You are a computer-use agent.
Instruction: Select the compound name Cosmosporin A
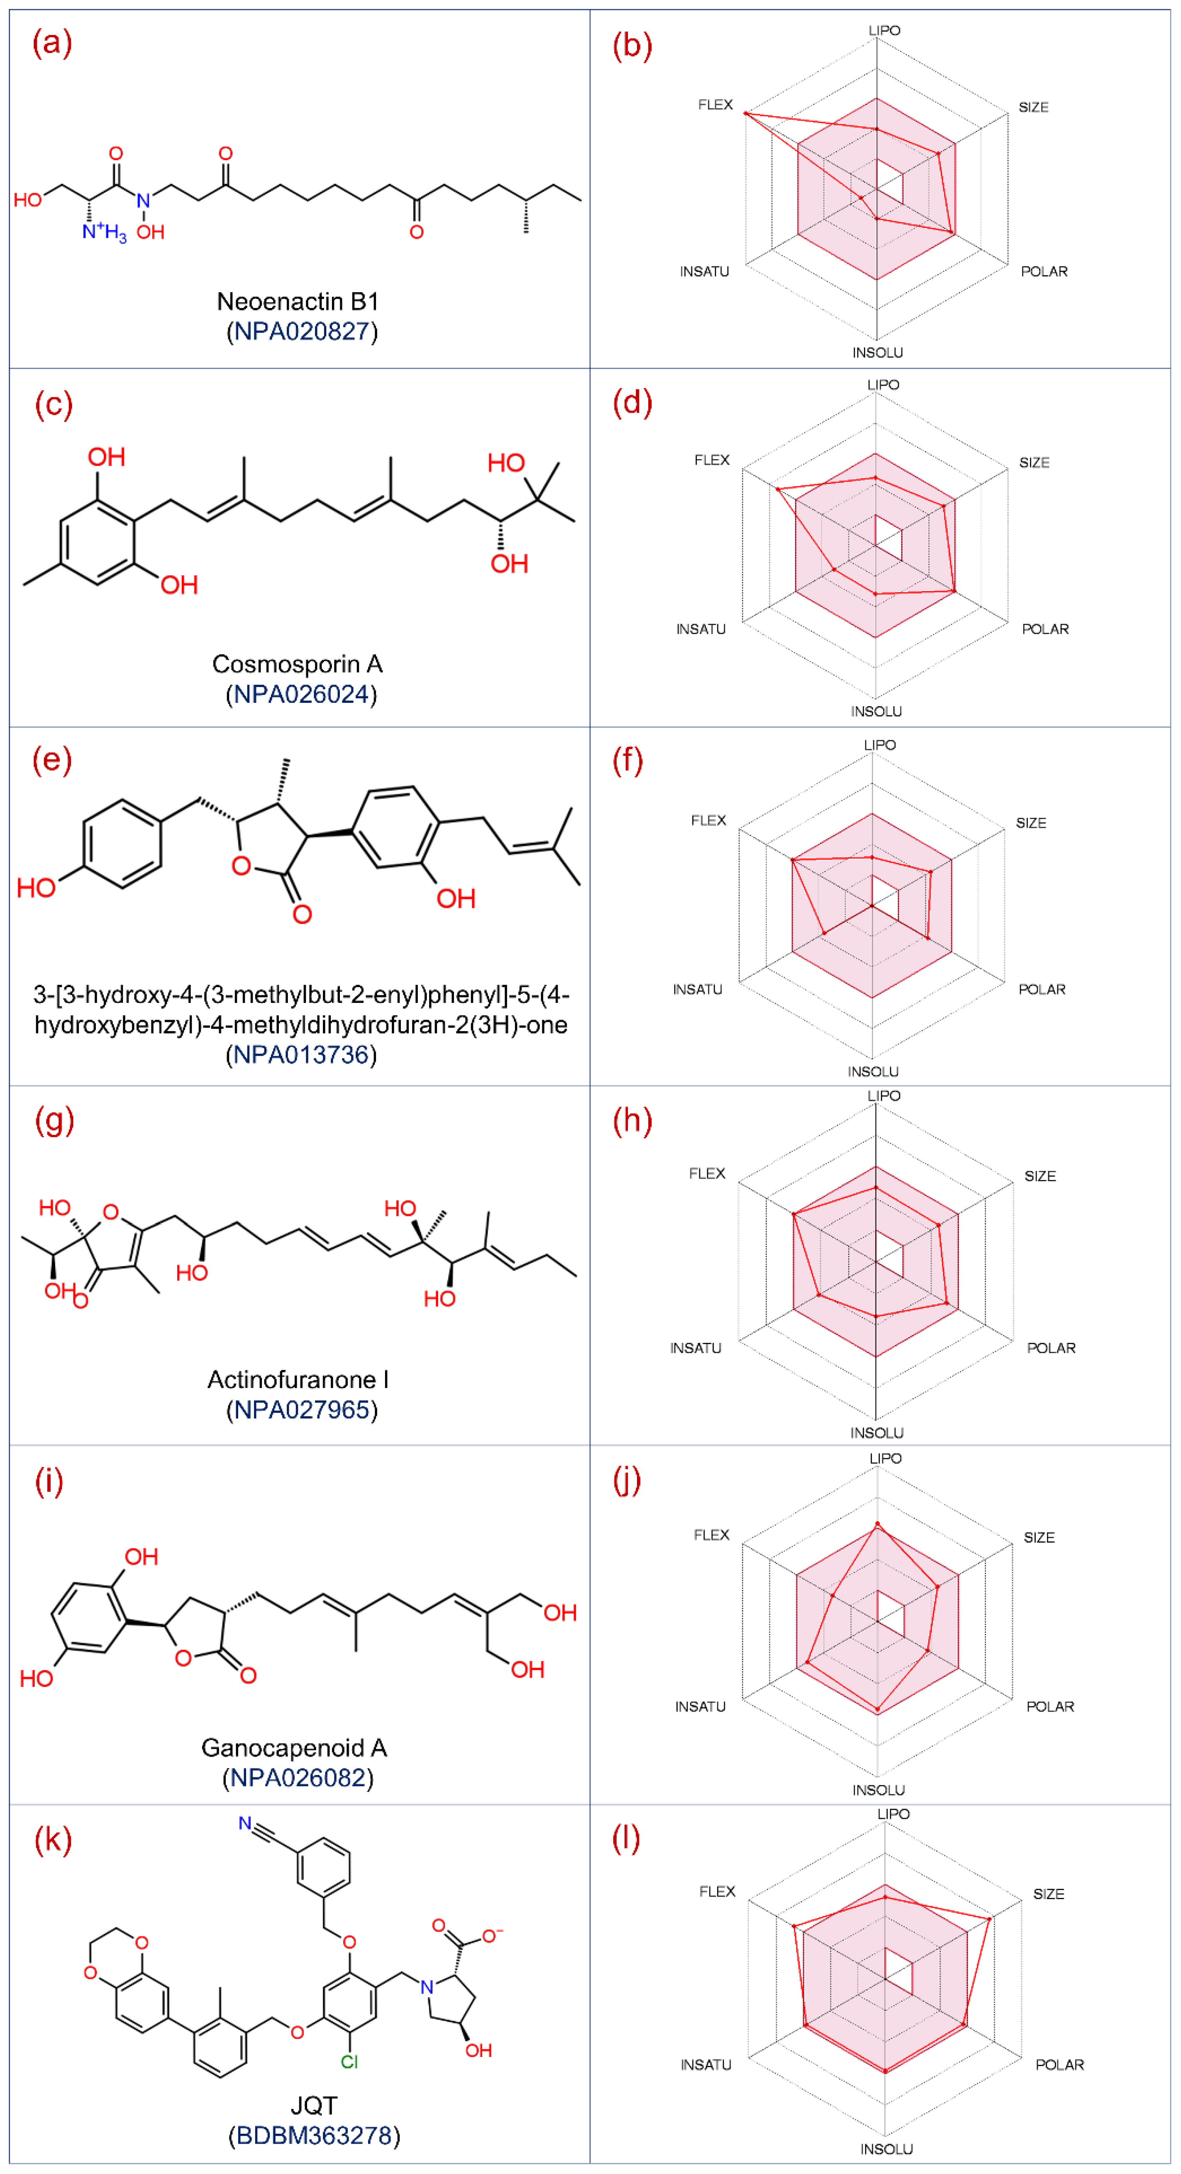click(x=297, y=664)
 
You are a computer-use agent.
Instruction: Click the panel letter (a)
click(x=52, y=42)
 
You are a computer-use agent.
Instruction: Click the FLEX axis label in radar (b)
click(x=715, y=105)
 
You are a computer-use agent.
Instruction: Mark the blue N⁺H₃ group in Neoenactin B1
click(x=103, y=231)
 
